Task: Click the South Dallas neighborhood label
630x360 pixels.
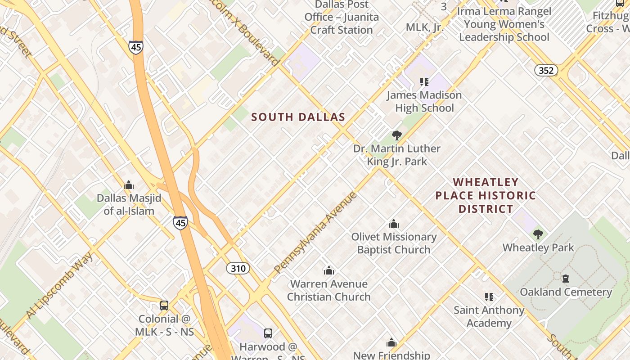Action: [x=298, y=117]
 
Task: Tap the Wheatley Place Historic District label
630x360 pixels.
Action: [x=486, y=195]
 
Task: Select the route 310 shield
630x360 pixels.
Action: [x=238, y=269]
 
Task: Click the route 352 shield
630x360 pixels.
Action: [x=546, y=70]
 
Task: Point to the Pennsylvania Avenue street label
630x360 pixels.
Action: [x=315, y=233]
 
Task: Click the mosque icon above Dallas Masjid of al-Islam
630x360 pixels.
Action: [x=129, y=185]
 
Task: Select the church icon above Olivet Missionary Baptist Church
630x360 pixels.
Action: [x=394, y=224]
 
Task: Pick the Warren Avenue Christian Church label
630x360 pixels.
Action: [x=329, y=290]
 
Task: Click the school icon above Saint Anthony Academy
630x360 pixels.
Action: [x=489, y=297]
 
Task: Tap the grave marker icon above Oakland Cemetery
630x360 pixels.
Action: [x=566, y=279]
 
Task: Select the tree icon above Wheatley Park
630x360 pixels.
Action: [x=538, y=234]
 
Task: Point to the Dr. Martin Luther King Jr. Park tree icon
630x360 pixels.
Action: [x=396, y=135]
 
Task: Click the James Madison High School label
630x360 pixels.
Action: [x=424, y=102]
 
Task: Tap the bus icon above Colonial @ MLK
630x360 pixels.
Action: [x=164, y=306]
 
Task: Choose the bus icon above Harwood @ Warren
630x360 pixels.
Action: [x=268, y=333]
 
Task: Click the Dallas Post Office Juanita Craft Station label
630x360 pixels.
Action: [x=342, y=17]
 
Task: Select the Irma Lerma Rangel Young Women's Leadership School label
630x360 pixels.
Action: [x=504, y=24]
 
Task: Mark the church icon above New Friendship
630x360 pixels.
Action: [x=391, y=343]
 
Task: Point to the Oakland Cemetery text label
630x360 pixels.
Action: [x=566, y=292]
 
